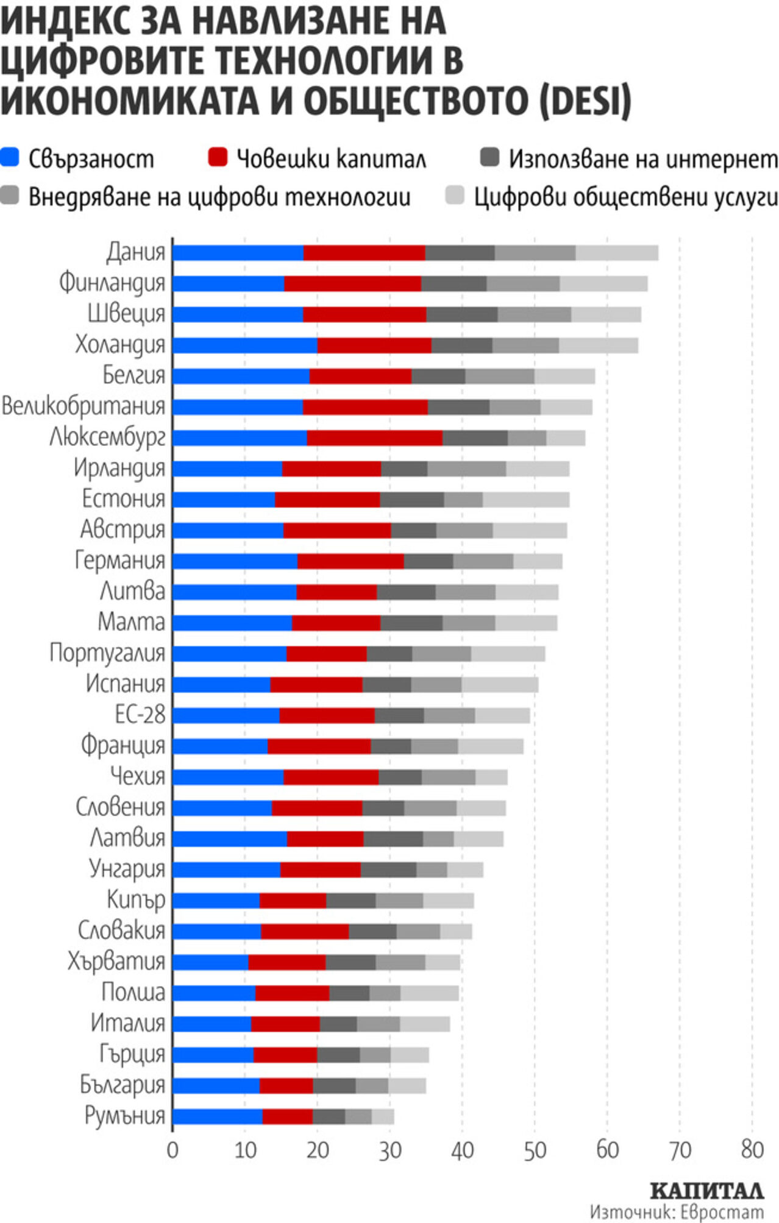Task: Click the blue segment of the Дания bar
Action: pos(238,253)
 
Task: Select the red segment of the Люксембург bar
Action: pos(374,438)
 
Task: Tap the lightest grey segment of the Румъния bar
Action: pos(383,1116)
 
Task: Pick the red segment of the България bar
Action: pos(286,1085)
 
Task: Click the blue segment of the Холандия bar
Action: pos(245,345)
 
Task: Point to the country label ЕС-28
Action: pos(140,714)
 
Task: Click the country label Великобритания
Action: pos(84,406)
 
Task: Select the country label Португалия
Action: pos(107,653)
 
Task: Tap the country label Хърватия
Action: pos(116,961)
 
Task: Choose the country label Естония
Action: pos(124,499)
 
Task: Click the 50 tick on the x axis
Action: pos(535,1150)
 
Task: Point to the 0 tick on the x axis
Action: pos(173,1150)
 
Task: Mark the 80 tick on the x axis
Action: pos(752,1150)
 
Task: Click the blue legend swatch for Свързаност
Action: pos(10,157)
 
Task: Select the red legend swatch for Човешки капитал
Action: pos(218,157)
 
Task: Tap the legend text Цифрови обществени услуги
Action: pos(626,197)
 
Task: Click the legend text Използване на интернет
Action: pos(643,159)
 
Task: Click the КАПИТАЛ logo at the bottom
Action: pos(706,1189)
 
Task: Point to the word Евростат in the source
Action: pos(722,1211)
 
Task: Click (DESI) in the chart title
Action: pos(585,101)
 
